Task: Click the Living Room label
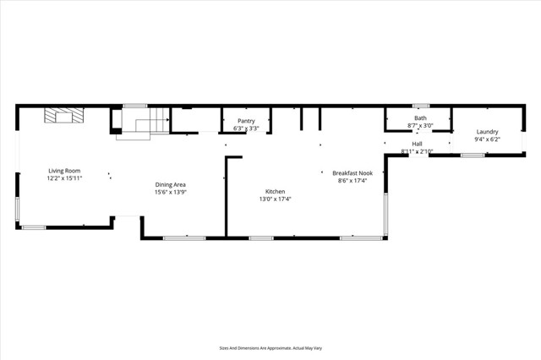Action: coord(64,171)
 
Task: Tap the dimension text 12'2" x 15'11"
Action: coord(64,178)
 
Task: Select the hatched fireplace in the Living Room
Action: coord(61,117)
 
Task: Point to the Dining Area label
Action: coord(170,184)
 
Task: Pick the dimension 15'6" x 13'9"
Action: coord(170,192)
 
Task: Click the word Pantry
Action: coord(246,121)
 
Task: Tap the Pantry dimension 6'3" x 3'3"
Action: coord(246,128)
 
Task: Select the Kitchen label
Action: coord(275,192)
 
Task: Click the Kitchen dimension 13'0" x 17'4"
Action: coord(275,199)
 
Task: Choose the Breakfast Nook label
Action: coord(353,172)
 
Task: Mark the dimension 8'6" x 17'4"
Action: coord(353,179)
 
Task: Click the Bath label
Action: coord(420,117)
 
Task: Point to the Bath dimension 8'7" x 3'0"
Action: coord(420,125)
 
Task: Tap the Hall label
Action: coord(417,144)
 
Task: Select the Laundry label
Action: coord(487,132)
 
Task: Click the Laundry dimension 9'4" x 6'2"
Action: coord(487,139)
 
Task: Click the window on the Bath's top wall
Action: coord(420,106)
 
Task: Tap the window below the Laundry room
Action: coord(473,155)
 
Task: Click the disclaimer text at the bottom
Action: coord(270,347)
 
